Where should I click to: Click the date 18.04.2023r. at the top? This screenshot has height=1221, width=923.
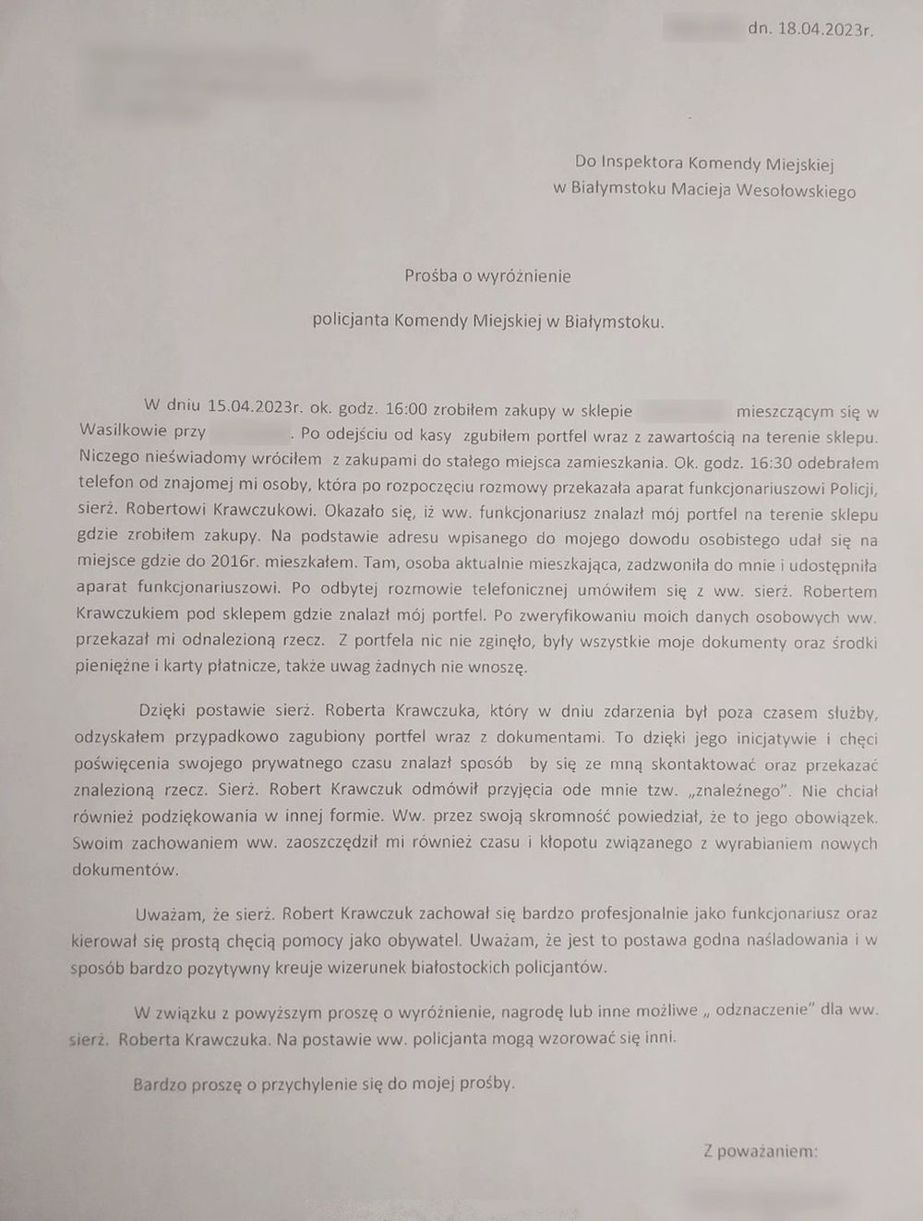point(825,30)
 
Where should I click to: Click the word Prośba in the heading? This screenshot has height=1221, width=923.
point(437,275)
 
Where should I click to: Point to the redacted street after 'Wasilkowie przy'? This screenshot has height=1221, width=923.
point(250,432)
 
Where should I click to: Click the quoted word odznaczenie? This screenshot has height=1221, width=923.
point(764,1010)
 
